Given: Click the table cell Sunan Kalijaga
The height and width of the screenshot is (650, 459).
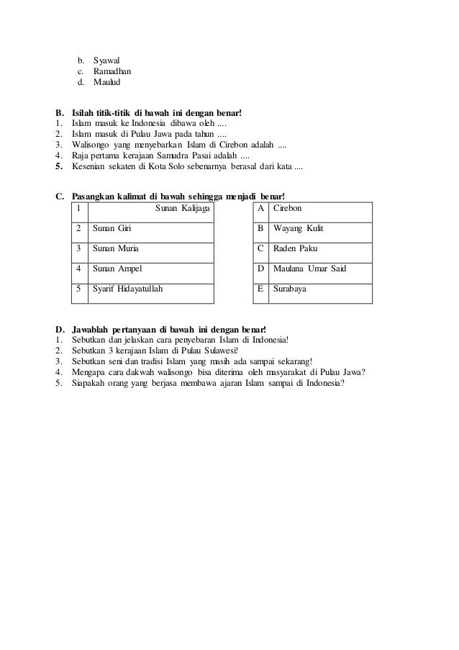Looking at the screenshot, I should (x=183, y=208).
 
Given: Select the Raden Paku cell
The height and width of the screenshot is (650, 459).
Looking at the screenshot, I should (x=296, y=248).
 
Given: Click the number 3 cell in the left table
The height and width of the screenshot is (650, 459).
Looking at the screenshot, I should (x=78, y=248).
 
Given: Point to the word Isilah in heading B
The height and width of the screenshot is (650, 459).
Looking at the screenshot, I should (x=85, y=114).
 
